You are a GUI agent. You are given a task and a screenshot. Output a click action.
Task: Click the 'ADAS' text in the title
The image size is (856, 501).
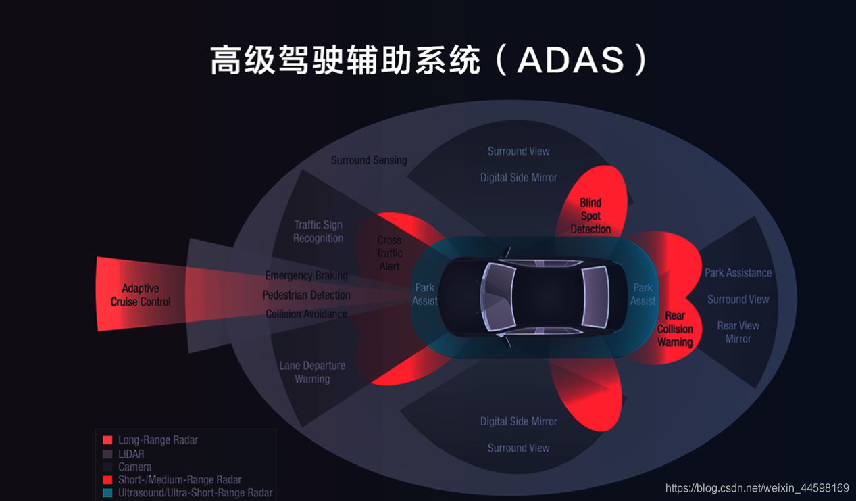point(571,60)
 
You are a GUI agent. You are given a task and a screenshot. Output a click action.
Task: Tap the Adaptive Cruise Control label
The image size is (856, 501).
point(141,295)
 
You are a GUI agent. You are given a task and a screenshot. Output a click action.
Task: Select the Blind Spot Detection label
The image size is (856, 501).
point(590,216)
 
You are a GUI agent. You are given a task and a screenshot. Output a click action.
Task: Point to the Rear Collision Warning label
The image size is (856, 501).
point(675,329)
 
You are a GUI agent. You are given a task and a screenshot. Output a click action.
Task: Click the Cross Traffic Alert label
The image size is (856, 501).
point(389,253)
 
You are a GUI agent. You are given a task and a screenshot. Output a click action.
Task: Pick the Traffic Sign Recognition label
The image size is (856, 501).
point(318,231)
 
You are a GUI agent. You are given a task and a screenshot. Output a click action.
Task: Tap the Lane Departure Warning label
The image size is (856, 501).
point(312,372)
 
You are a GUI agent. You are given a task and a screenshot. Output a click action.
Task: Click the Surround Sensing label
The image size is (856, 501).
point(369,160)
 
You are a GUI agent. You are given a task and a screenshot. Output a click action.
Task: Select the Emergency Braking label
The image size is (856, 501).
point(307,275)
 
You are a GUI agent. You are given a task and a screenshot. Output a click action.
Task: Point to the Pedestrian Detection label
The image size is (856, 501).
point(307,295)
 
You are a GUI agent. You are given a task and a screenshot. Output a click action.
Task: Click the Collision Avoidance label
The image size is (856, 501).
point(307,314)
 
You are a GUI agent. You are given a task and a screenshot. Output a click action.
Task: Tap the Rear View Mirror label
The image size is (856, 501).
point(738,332)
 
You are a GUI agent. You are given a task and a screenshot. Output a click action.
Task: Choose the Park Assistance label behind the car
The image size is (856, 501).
point(738,272)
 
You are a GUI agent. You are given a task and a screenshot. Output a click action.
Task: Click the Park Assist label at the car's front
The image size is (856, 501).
point(425,294)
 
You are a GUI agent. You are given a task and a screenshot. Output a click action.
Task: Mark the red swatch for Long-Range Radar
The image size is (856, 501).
point(108,439)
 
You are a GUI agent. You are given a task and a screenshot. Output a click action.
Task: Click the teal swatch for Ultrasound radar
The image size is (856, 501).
point(108,493)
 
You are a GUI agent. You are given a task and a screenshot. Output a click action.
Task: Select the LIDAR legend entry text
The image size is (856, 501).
point(131,454)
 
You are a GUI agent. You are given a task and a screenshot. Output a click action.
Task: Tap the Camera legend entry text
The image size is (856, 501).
point(135,467)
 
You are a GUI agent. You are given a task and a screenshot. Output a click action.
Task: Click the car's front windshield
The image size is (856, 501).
point(497,297)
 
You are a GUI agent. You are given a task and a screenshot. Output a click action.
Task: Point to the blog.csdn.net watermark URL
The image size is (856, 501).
point(757,487)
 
